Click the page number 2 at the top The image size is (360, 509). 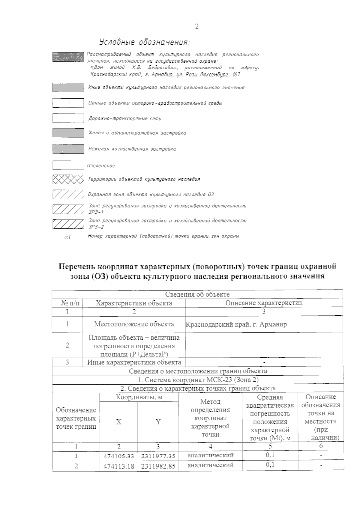[197, 26]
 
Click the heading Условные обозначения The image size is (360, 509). [145, 42]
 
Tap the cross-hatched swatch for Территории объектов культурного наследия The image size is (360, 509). [68, 179]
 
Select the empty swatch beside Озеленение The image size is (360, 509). [68, 165]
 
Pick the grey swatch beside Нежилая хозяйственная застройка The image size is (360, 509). [68, 149]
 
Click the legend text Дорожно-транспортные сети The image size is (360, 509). [125, 118]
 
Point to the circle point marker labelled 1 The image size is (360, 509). [66, 237]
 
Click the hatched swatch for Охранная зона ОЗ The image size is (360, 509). [68, 195]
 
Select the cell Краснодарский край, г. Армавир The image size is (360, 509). [236, 324]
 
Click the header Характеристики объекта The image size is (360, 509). [134, 303]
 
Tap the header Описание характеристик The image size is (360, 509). [264, 303]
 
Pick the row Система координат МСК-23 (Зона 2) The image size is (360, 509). [198, 380]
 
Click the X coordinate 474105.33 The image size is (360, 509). [118, 456]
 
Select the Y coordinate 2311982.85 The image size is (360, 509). [158, 466]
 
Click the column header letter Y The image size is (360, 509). [158, 422]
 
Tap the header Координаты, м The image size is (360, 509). [139, 397]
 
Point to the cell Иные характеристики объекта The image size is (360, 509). [134, 362]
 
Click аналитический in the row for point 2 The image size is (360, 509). [210, 465]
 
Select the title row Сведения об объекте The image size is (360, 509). [197, 294]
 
